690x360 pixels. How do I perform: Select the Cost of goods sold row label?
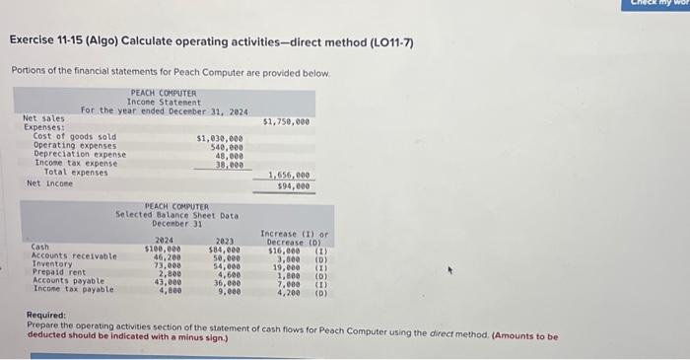tap(75, 137)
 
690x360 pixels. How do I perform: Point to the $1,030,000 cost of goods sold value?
tap(220, 138)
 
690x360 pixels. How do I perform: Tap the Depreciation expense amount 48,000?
tap(229, 154)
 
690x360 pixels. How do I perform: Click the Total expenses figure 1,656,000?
tap(289, 176)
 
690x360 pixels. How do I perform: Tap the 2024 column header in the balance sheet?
tap(165, 240)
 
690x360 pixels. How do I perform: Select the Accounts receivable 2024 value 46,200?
tap(166, 256)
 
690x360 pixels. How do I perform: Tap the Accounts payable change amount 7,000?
tap(287, 282)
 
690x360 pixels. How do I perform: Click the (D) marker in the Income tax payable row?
tap(320, 291)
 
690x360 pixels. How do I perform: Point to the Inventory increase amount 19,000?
tap(285, 265)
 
